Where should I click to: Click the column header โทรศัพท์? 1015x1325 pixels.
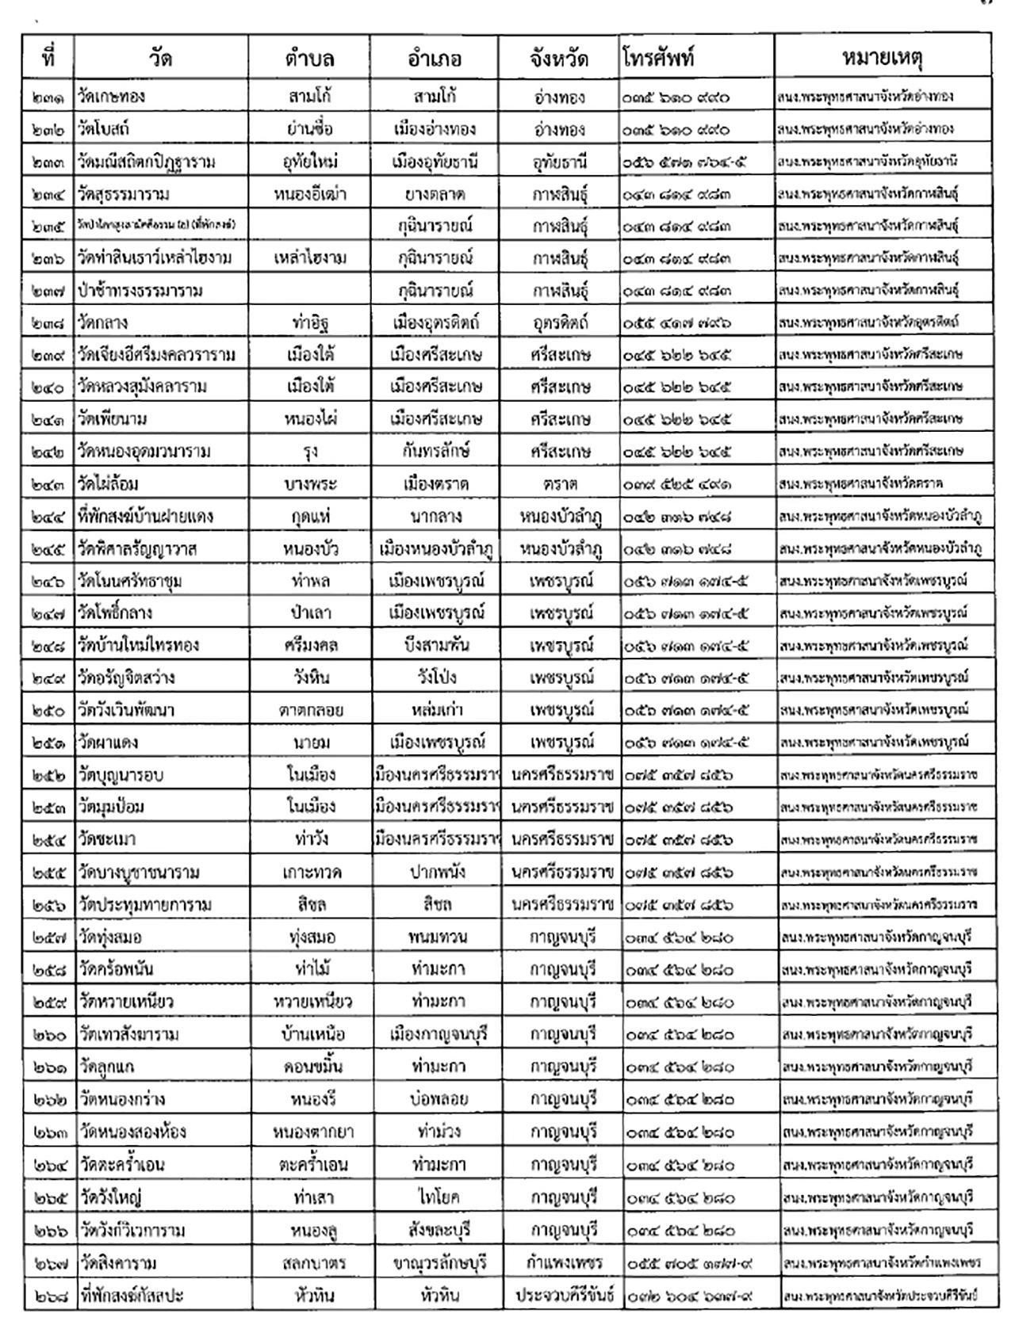tap(659, 58)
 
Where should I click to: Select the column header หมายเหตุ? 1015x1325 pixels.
tap(882, 58)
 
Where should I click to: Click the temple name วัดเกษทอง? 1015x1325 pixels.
tap(112, 97)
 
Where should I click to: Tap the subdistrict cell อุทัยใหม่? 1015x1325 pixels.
tap(310, 162)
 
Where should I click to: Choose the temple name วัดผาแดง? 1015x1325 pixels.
tap(109, 743)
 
